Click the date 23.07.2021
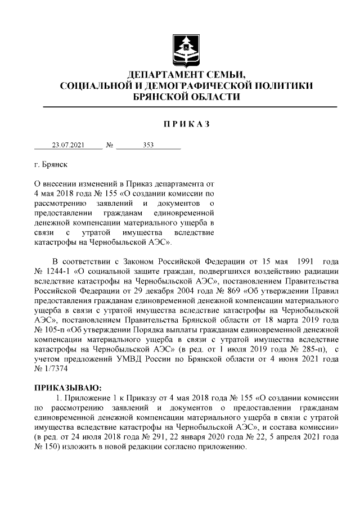click(x=68, y=145)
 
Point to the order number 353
click(x=148, y=145)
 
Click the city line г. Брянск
click(x=50, y=166)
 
